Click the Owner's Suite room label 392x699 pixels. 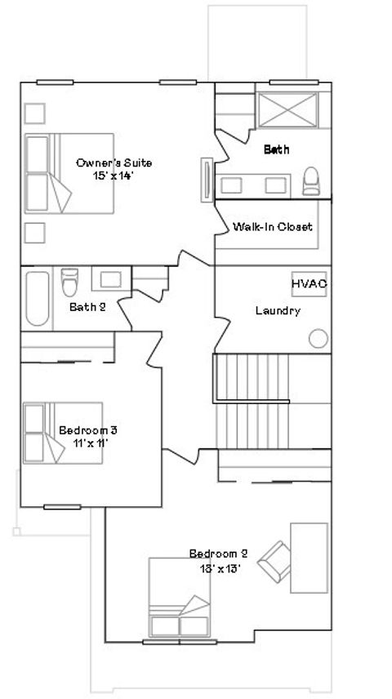click(x=114, y=163)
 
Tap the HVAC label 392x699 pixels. click(x=309, y=284)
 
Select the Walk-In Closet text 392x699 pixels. click(x=273, y=226)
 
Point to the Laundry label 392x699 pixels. click(x=278, y=311)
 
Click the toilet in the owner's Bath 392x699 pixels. click(x=311, y=181)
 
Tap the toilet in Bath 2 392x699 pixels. click(x=69, y=283)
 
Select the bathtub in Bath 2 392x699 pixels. click(x=37, y=298)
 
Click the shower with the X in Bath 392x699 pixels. click(x=288, y=110)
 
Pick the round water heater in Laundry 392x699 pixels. click(x=318, y=338)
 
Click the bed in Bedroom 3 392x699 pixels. click(x=63, y=433)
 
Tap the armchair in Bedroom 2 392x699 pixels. click(x=274, y=561)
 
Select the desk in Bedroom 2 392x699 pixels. click(x=309, y=558)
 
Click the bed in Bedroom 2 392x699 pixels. click(x=180, y=598)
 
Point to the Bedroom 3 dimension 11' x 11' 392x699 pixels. click(x=91, y=443)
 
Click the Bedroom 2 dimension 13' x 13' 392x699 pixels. click(x=220, y=568)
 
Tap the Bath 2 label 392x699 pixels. click(x=87, y=307)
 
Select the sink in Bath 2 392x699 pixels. click(x=111, y=279)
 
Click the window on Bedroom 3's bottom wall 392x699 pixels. click(x=62, y=507)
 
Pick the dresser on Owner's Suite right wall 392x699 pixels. click(x=207, y=180)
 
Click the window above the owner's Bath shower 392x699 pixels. click(x=294, y=82)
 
